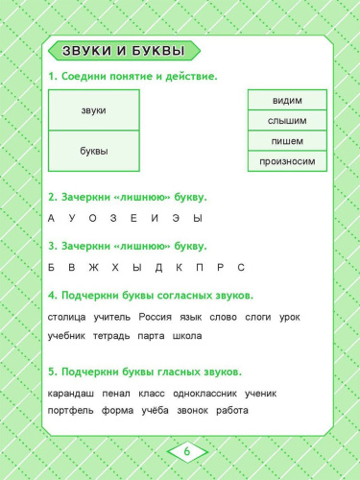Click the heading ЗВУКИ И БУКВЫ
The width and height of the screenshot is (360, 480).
click(122, 52)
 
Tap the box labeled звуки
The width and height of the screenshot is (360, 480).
click(93, 110)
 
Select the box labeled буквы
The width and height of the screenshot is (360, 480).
click(93, 151)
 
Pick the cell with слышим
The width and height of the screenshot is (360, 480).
click(287, 121)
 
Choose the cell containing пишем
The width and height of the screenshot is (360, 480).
click(287, 141)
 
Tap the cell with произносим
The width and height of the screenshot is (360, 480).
click(287, 161)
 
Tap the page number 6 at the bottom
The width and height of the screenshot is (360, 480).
click(187, 451)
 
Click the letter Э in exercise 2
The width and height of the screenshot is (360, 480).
click(156, 218)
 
